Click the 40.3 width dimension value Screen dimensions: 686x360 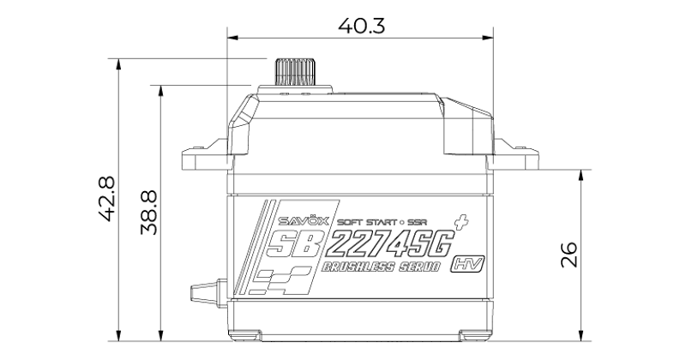click(361, 26)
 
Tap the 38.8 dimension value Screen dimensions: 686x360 click(149, 213)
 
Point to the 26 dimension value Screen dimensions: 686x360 click(569, 255)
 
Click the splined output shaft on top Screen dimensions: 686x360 click(294, 71)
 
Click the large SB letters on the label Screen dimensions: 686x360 click(292, 243)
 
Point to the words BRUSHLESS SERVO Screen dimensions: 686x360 click(381, 267)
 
